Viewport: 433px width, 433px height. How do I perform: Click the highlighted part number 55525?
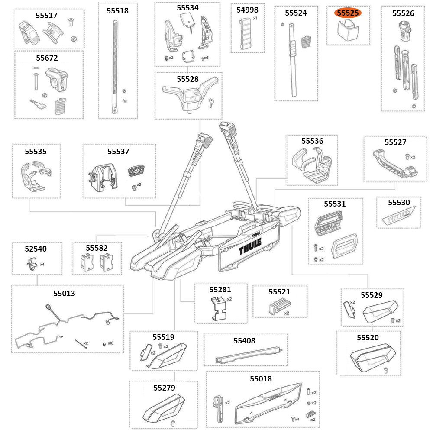348,13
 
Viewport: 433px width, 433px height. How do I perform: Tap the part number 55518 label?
117,11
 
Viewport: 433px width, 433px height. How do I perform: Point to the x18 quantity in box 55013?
110,343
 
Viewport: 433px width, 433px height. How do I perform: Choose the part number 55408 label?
244,340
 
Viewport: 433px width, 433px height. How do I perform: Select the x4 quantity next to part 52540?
42,264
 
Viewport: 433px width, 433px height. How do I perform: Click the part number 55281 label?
220,289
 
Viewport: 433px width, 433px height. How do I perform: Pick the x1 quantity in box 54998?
255,19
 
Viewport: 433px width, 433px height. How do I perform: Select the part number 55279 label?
164,388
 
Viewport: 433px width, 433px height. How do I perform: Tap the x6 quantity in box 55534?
206,58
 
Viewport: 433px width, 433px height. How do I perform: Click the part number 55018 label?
261,378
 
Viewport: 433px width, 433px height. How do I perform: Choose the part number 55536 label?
312,141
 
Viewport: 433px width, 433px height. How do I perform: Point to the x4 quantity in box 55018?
297,419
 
